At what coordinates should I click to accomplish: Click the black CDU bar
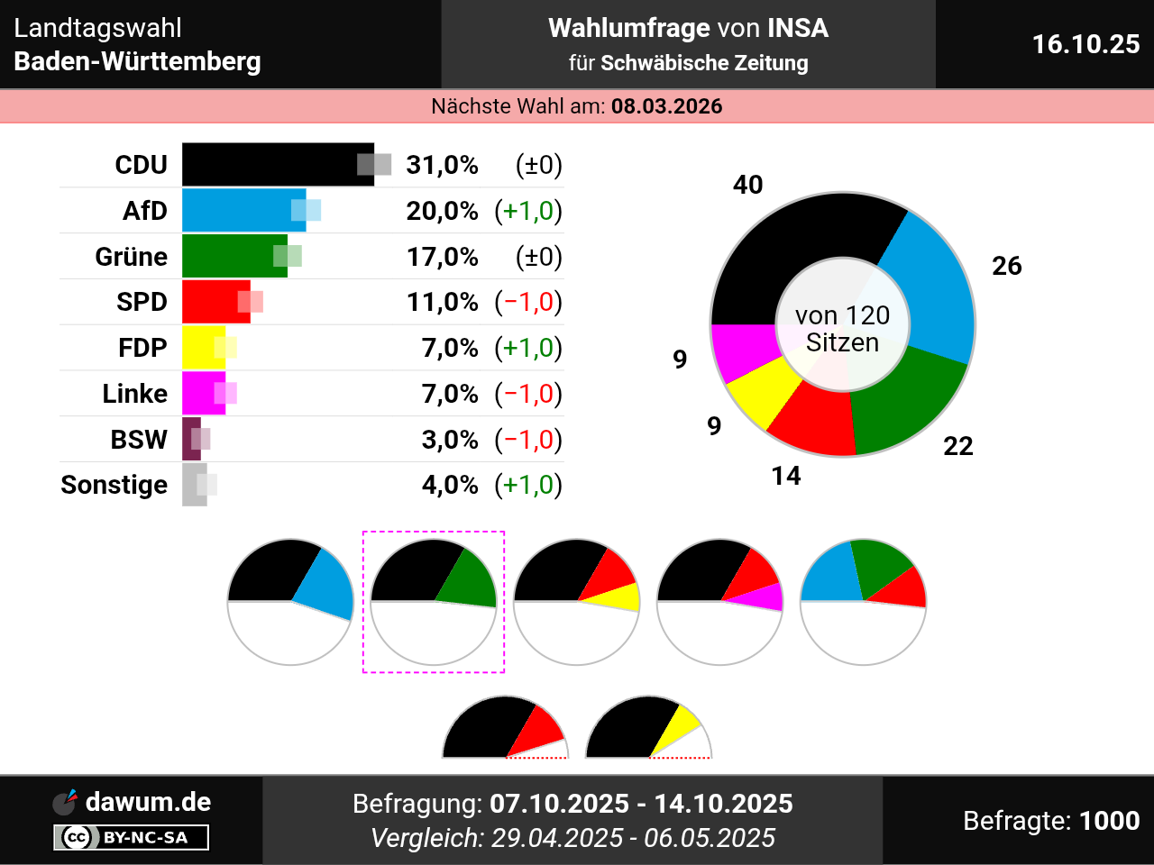[270, 165]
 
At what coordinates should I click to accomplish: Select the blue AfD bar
[239, 211]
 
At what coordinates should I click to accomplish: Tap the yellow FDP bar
[200, 348]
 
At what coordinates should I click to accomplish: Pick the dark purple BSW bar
[190, 440]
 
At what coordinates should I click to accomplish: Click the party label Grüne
[132, 257]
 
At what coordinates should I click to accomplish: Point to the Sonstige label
[114, 485]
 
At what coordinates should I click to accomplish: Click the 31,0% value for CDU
[442, 165]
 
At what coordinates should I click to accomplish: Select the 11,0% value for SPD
[442, 302]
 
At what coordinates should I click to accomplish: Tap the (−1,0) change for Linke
[528, 394]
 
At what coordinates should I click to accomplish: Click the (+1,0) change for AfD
[528, 211]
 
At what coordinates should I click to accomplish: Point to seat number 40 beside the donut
[748, 185]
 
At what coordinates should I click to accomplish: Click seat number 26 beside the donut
[1007, 266]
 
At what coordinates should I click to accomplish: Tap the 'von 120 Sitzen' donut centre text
[843, 329]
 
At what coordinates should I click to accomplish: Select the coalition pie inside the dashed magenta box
[434, 601]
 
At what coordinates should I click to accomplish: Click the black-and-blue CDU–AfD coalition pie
[290, 601]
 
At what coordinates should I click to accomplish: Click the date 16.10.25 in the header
[1085, 44]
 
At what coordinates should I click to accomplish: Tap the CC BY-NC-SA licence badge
[132, 837]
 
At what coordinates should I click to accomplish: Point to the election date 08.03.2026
[666, 106]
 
